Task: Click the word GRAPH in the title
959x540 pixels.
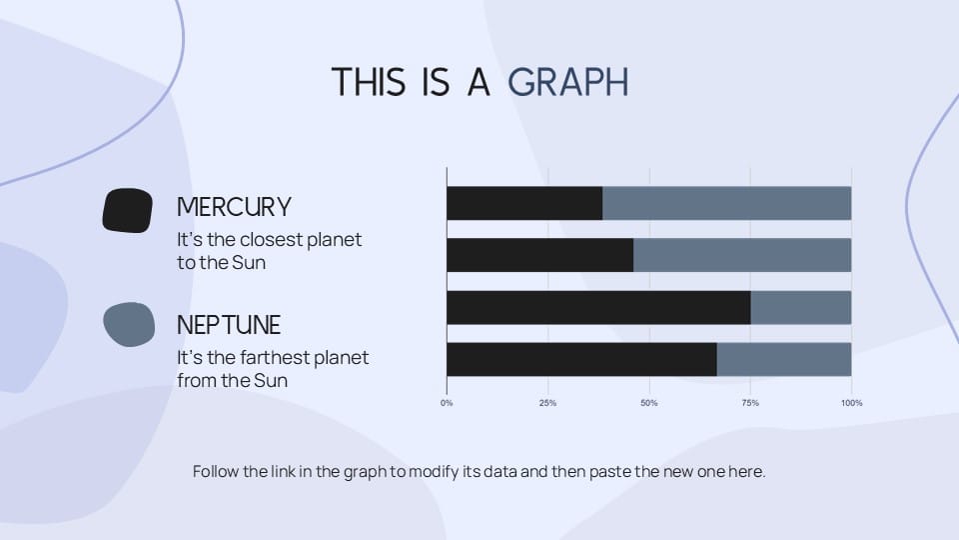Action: (x=567, y=82)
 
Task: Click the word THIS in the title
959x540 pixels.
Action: (x=369, y=82)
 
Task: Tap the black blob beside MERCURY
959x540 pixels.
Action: (x=127, y=211)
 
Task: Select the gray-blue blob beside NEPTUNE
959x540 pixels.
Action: (x=129, y=324)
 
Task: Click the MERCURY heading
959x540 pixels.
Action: (x=234, y=207)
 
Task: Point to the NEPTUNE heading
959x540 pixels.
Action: (x=229, y=325)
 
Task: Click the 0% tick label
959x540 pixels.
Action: (x=447, y=403)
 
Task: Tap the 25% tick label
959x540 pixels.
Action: (x=548, y=403)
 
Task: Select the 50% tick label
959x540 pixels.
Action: (x=649, y=403)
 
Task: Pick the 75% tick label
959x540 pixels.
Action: (x=750, y=403)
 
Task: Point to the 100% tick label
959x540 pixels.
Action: (x=851, y=403)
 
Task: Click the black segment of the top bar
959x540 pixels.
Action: (x=524, y=203)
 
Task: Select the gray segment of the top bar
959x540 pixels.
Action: (x=726, y=203)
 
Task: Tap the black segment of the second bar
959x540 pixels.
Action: (x=540, y=255)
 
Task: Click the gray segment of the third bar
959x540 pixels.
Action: (x=800, y=307)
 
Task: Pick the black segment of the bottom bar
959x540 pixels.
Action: (x=581, y=359)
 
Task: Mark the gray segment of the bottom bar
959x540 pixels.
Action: (x=784, y=359)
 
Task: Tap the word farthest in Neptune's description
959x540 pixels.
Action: (x=275, y=358)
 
